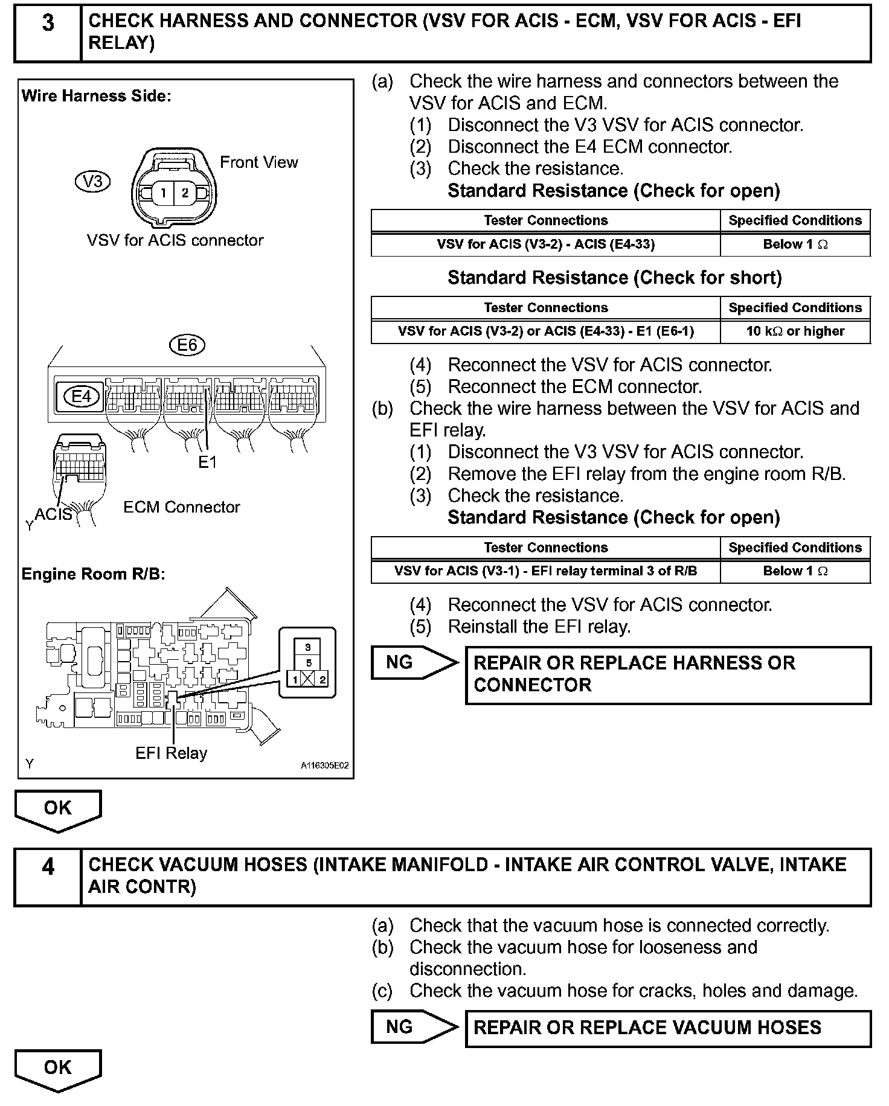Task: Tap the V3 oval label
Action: click(93, 182)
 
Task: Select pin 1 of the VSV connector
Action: click(162, 193)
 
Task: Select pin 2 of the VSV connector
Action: click(185, 193)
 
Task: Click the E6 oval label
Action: click(187, 345)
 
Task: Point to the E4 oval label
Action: click(81, 396)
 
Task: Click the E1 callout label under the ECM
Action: click(207, 462)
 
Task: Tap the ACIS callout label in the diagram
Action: click(53, 514)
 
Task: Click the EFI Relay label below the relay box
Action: click(171, 753)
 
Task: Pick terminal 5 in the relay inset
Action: click(308, 663)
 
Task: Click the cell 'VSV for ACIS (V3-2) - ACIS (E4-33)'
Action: click(545, 245)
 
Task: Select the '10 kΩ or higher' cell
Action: click(795, 331)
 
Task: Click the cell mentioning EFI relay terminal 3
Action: click(545, 571)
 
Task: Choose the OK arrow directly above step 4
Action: click(58, 809)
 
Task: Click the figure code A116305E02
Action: click(324, 766)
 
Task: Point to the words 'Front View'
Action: click(258, 162)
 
